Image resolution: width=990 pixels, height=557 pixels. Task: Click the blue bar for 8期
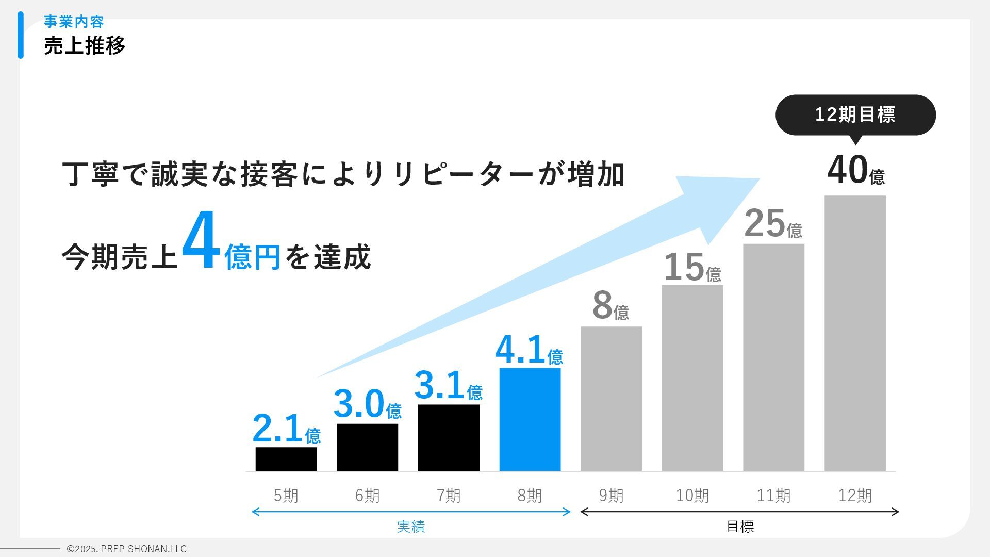[x=530, y=419]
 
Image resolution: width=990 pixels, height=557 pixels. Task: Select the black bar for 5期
[x=286, y=458]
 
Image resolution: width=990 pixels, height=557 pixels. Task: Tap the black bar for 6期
[x=367, y=447]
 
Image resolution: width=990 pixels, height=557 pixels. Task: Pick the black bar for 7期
[x=449, y=437]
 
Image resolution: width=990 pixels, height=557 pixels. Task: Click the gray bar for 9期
[x=611, y=398]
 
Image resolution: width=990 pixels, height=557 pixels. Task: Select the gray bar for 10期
[x=692, y=378]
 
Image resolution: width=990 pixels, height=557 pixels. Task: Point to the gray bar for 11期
[x=773, y=357]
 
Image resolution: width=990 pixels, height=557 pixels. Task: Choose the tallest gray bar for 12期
[x=855, y=333]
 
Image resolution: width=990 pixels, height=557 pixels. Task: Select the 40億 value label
[x=855, y=171]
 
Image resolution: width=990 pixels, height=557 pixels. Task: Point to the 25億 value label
[x=773, y=224]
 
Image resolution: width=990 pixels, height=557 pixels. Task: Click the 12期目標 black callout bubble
[x=855, y=114]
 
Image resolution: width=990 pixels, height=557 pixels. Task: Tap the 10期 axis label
[x=692, y=496]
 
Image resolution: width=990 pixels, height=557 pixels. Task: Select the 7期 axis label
[x=449, y=496]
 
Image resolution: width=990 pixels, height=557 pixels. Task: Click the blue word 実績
[x=411, y=527]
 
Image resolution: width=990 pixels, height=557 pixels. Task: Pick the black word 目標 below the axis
[x=740, y=527]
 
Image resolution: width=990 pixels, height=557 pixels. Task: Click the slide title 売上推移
[x=85, y=45]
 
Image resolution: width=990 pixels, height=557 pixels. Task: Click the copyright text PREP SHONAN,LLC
[x=127, y=549]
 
